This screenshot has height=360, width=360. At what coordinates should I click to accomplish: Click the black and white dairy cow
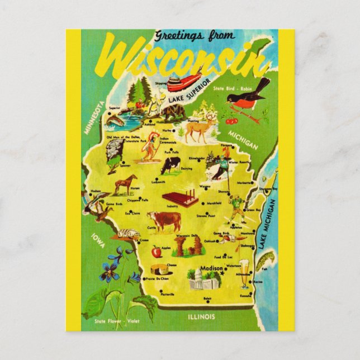tap(170, 165)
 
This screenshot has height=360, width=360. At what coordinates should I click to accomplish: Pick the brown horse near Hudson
tap(126, 184)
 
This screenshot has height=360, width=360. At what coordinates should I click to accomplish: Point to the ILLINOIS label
tap(201, 316)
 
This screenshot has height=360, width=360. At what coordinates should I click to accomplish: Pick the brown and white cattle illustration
tap(164, 220)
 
